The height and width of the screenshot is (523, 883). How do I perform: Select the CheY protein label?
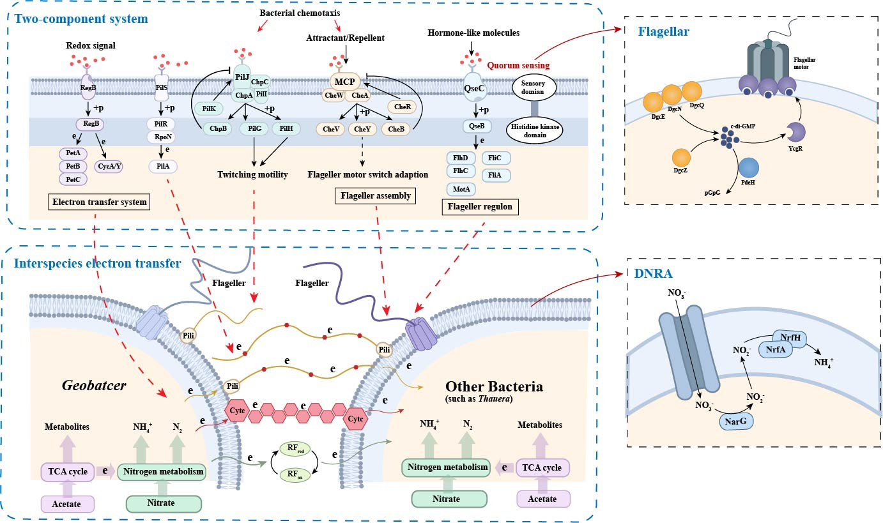[x=362, y=129]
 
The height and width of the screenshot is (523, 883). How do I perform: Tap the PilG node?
[x=250, y=129]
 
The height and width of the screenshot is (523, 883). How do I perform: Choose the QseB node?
[x=476, y=126]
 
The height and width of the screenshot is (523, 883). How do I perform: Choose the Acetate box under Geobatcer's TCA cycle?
[x=68, y=503]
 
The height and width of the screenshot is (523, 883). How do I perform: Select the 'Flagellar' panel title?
[x=663, y=32]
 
